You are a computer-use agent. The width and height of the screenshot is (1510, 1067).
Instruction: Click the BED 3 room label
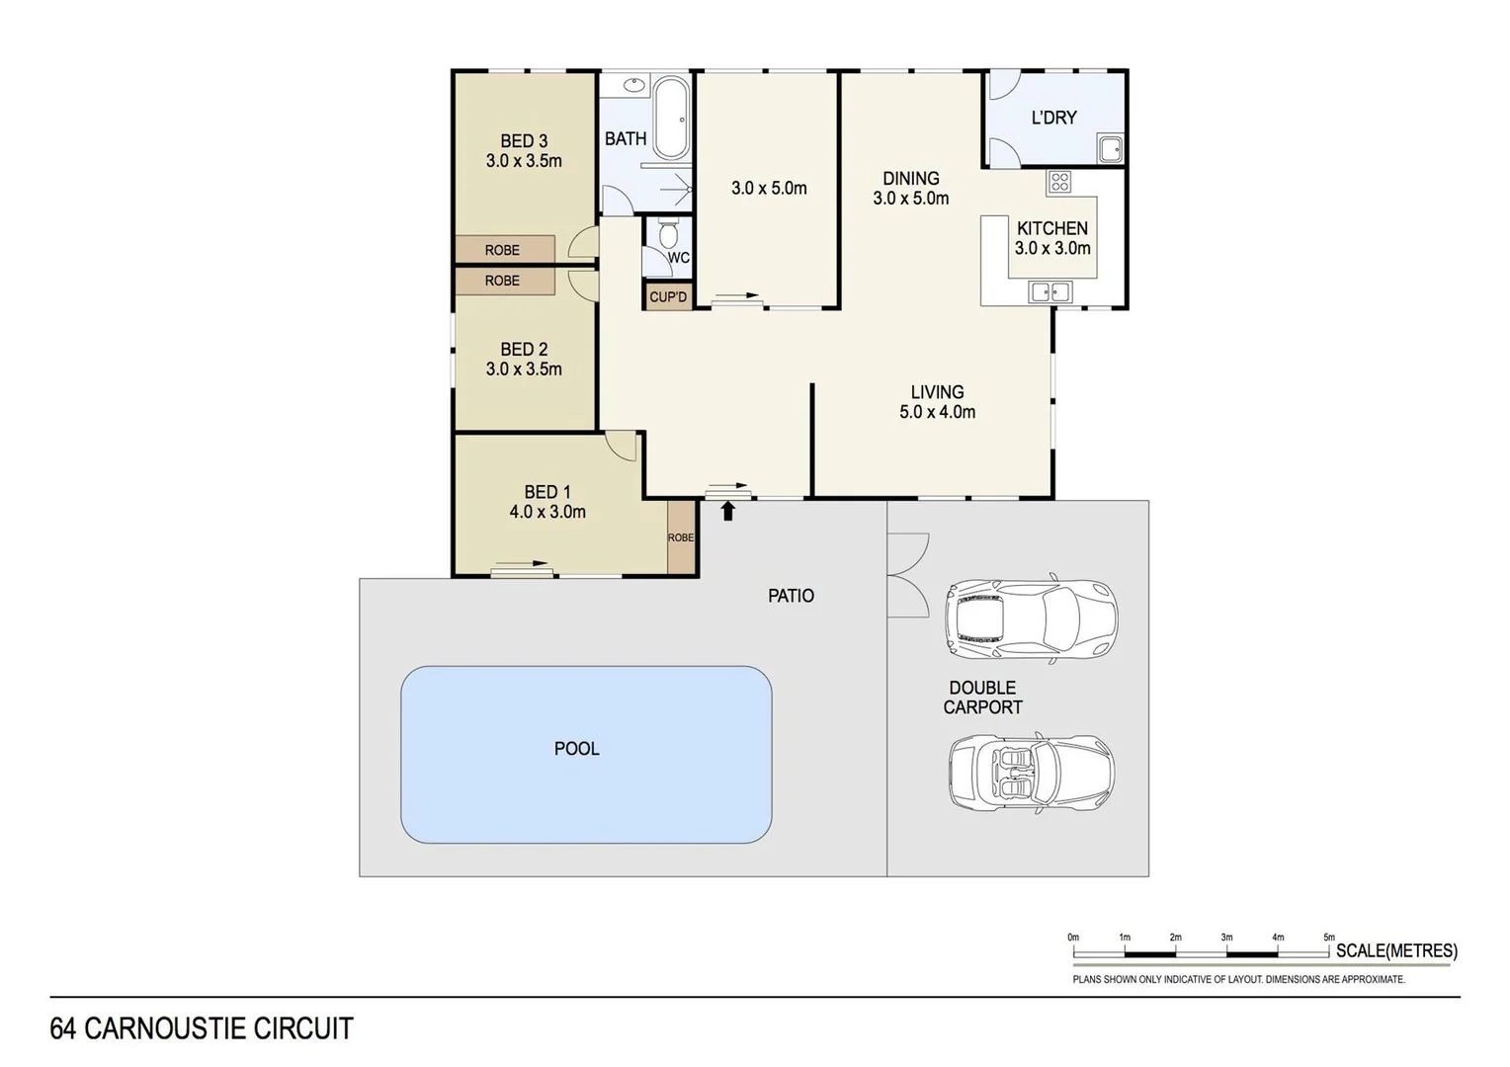coord(523,141)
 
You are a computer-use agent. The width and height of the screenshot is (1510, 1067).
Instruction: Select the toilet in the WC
coord(668,234)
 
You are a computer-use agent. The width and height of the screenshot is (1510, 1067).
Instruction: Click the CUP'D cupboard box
coord(668,296)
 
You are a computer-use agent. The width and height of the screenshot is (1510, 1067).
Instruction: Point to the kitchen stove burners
coord(1059,182)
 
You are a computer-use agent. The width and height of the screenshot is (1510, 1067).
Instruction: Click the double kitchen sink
coord(1049,291)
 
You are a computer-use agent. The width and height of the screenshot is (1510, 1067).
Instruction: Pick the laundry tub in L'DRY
coord(1110,150)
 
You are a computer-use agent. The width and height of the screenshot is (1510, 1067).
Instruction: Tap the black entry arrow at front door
coord(728,511)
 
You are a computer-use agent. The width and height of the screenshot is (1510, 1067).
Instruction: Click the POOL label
coord(576,749)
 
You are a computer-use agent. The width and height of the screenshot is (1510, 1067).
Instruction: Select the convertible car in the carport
coord(1031,773)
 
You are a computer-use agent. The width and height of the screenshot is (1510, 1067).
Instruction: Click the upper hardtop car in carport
coord(1031,617)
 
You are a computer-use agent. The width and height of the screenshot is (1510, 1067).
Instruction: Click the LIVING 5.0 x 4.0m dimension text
coord(937,412)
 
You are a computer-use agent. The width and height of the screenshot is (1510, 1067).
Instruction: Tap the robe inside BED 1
coord(681,537)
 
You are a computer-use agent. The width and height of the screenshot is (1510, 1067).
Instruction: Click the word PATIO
coord(791,596)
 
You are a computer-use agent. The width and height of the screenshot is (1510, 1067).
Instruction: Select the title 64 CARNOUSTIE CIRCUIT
coord(202,1028)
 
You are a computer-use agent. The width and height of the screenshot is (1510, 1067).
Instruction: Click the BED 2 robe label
coord(503,281)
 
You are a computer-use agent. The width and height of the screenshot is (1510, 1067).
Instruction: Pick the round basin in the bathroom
coord(633,85)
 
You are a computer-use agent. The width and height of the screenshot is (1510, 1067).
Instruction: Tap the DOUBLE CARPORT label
coord(982,698)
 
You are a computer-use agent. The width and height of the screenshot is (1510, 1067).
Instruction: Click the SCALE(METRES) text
coord(1395,951)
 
